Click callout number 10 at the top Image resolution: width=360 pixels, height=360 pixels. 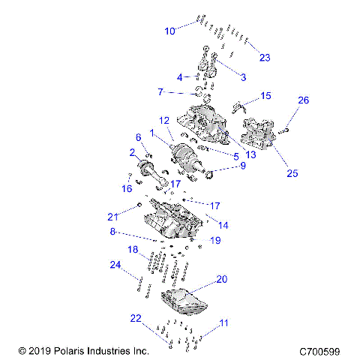[x=169, y=31]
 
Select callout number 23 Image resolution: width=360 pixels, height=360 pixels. [x=264, y=58]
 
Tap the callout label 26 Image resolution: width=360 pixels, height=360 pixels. [x=303, y=100]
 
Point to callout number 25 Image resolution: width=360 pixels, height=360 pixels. [x=292, y=172]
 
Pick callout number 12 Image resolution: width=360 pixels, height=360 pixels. [x=164, y=120]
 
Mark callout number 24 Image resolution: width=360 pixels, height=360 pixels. [x=115, y=264]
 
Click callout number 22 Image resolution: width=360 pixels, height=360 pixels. [x=135, y=318]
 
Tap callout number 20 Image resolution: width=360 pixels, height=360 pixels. [x=221, y=278]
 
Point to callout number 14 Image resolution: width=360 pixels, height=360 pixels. [x=223, y=224]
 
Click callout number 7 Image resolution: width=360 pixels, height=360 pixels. [x=160, y=91]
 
